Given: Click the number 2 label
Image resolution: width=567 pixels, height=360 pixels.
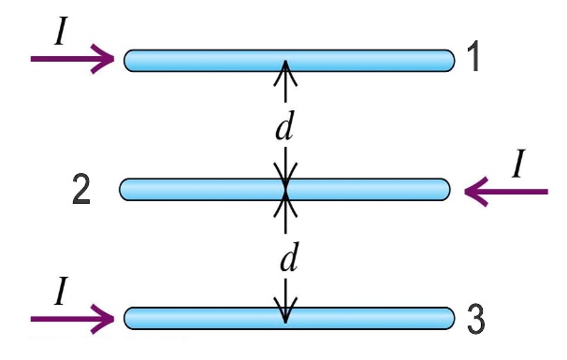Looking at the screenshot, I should coord(81,190).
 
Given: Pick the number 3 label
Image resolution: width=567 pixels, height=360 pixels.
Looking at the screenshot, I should coord(474,319).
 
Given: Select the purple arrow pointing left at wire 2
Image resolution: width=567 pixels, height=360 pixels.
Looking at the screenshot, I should coord(505,193).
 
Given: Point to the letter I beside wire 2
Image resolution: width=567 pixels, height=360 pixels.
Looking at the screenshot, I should coord(518,165).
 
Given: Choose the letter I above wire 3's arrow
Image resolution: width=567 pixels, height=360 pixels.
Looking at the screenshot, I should coord(60,294).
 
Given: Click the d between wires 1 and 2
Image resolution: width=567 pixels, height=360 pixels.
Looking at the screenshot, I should coord(284,127).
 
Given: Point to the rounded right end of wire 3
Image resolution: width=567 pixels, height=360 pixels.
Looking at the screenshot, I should coord(445,317).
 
